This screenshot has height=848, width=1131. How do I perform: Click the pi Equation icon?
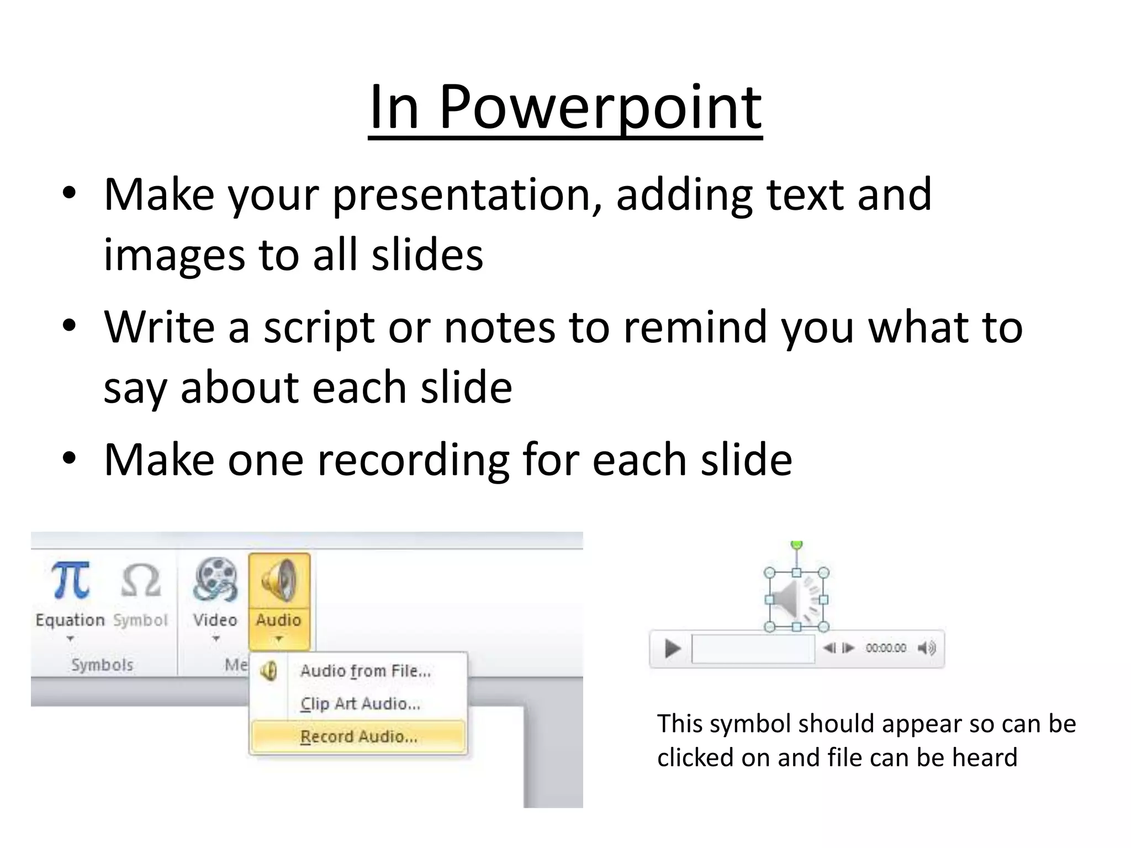pos(70,581)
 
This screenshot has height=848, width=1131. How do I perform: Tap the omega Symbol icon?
pos(140,581)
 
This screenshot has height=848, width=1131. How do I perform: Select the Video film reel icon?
pos(215,580)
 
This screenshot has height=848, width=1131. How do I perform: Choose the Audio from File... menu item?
pos(364,671)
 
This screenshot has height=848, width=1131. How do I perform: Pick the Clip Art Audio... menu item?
pos(360,704)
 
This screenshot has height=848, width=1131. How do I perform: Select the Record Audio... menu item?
pos(358,737)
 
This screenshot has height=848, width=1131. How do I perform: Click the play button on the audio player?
pos(672,648)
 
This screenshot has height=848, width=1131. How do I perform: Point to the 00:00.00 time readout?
pos(885,648)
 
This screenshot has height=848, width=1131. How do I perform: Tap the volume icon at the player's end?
pos(926,648)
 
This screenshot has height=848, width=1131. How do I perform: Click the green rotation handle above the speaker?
pos(796,545)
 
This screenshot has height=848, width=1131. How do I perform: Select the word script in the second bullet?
pos(319,327)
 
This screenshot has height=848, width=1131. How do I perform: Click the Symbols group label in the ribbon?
pos(102,665)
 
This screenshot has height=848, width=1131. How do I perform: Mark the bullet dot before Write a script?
pos(69,326)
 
